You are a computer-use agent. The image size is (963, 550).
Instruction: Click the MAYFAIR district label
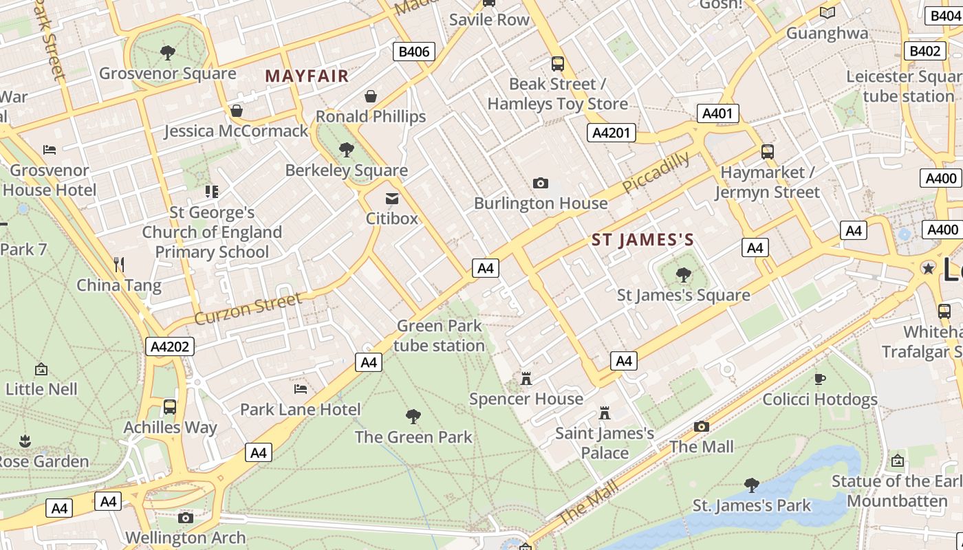[x=307, y=76]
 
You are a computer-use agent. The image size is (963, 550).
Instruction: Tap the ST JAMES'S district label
[x=642, y=240]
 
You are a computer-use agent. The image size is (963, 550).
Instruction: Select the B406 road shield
[x=414, y=52]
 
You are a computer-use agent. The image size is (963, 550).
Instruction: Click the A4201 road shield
[x=611, y=133]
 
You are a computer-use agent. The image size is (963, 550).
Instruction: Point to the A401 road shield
[x=717, y=113]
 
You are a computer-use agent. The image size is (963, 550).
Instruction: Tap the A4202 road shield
[x=170, y=346]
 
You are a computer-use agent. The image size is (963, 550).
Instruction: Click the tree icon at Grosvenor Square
[x=167, y=53]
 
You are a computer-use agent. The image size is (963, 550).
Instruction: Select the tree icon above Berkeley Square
[x=347, y=149]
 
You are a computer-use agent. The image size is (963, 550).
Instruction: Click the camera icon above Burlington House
[x=541, y=183]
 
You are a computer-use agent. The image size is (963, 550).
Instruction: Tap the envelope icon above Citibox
[x=392, y=199]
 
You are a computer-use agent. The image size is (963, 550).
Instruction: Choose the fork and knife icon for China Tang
[x=119, y=264]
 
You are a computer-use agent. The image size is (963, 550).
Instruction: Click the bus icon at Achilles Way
[x=170, y=407]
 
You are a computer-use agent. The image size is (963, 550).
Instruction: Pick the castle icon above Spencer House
[x=526, y=378]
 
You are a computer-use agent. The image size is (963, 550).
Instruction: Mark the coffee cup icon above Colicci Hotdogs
[x=820, y=379]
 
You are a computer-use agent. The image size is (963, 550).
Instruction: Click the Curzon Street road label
[x=248, y=309]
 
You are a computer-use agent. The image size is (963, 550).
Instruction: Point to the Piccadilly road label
[x=656, y=173]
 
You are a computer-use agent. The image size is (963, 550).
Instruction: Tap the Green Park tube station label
[x=439, y=335]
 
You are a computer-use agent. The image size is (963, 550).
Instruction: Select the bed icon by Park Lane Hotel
[x=301, y=389]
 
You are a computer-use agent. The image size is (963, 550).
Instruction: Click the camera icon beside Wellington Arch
[x=185, y=518]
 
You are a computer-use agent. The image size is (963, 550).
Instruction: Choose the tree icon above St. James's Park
[x=752, y=485]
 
